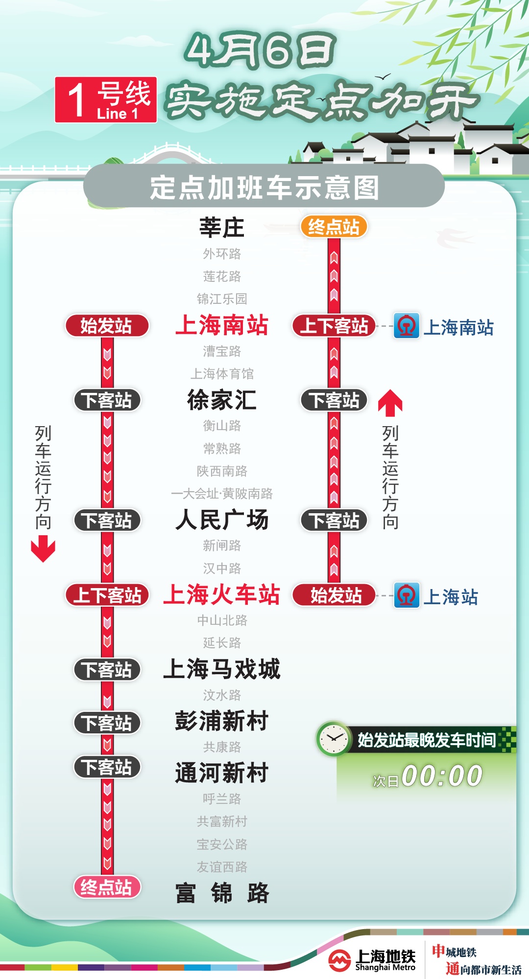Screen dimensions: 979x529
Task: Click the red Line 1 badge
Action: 106,99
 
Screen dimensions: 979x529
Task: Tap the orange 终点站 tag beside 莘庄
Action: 334,227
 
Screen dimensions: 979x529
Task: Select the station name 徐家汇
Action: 222,400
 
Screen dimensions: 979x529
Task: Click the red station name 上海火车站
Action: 222,595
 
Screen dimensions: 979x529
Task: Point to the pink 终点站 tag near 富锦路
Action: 107,887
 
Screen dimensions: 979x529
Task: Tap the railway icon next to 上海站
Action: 407,595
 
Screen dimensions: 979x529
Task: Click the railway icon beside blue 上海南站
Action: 407,326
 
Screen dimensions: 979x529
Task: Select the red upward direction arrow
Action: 390,402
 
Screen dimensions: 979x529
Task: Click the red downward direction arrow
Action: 43,548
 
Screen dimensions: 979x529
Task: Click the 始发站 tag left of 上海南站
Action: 107,326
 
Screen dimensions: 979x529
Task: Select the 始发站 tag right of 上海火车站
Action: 335,595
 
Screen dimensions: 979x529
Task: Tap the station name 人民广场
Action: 222,520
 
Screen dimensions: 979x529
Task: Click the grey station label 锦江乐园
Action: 222,299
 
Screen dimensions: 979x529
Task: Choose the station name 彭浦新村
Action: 222,721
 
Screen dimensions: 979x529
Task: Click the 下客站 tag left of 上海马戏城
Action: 107,670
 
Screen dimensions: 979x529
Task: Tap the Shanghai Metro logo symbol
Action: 339,960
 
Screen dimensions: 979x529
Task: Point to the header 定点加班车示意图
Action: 264,187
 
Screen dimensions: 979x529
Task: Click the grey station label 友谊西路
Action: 222,867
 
